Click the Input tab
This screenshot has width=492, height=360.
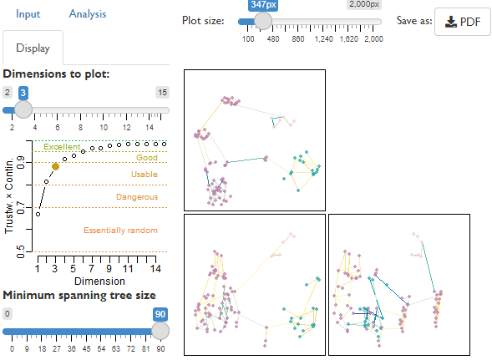pos(28,14)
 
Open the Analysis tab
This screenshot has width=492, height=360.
pos(88,14)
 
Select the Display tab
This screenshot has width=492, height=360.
pos(33,48)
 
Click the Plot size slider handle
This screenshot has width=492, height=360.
pos(263,22)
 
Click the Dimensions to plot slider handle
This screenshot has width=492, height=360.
pos(23,109)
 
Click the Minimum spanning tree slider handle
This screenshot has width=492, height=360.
pos(160,331)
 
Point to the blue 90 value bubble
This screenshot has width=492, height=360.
pos(160,314)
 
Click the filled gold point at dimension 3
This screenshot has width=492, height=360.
pos(55,167)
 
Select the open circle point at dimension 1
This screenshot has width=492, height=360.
pos(38,215)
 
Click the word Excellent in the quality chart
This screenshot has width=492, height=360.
pos(62,147)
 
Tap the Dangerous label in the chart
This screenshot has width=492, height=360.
pos(137,197)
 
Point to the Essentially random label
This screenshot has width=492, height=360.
pos(120,231)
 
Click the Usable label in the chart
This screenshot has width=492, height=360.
pos(145,175)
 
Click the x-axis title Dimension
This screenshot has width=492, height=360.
pos(99,281)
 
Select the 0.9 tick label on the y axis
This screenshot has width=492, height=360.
pos(20,163)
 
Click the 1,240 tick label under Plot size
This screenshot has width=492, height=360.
pos(323,39)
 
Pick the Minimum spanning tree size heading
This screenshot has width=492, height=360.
pos(79,296)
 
